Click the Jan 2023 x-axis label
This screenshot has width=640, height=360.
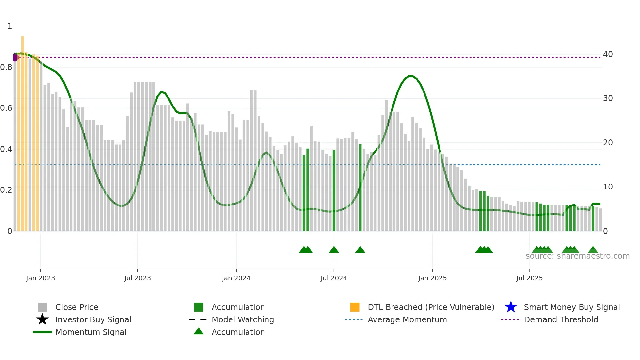pos(40,278)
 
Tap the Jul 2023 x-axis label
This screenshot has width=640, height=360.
pos(137,278)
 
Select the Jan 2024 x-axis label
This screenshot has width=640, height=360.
pos(236,278)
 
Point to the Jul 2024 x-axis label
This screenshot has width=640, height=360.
pos(334,278)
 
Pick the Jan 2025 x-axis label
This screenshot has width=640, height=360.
pos(432,278)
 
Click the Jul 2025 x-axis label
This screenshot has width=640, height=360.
pos(529,278)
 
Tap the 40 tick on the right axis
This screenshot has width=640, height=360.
pos(608,54)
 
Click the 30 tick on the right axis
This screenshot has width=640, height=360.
pos(608,98)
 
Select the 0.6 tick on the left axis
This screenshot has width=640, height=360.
pos(6,108)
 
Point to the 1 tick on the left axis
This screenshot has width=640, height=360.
pos(10,26)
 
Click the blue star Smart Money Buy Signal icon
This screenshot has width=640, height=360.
pos(511,307)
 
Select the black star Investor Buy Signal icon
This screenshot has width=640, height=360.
pos(42,319)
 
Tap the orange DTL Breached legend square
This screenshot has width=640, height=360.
pos(355,307)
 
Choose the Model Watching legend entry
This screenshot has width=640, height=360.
pos(243,319)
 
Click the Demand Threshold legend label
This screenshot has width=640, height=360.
pos(561,319)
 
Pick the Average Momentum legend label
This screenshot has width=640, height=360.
pos(407,319)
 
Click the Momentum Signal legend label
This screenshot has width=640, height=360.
pos(91,332)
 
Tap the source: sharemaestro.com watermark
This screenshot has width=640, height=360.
pos(577,256)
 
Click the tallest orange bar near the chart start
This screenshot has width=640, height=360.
pos(23,131)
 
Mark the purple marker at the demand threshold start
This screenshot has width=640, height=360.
pos(15,57)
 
